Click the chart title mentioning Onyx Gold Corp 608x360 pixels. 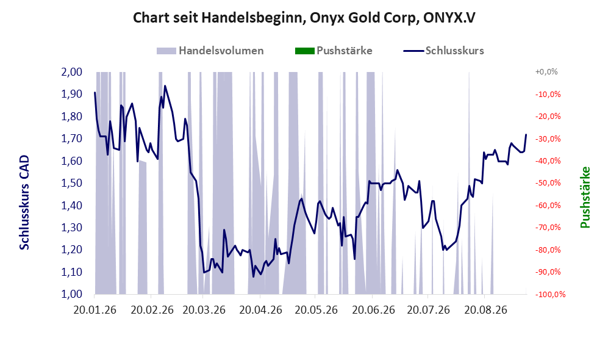tap(304, 18)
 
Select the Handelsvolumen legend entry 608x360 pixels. tap(210, 51)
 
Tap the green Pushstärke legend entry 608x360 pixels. tap(334, 51)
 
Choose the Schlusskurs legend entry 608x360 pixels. tap(443, 51)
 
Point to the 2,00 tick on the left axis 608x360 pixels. tap(72, 72)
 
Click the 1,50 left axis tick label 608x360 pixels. tap(72, 183)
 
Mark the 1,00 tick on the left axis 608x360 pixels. tap(72, 294)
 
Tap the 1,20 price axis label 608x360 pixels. tap(72, 250)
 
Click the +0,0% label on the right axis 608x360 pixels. tap(546, 72)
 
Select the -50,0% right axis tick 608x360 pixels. tap(548, 183)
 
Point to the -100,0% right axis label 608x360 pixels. tap(550, 295)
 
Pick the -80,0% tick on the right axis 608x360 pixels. tap(548, 250)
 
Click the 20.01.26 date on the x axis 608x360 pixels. tap(95, 310)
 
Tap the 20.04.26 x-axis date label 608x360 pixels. tap(260, 310)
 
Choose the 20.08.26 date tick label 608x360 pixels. tap(485, 310)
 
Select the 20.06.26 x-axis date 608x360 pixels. tap(373, 310)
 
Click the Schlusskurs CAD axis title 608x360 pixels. tap(24, 203)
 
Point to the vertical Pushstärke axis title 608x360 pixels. tap(585, 198)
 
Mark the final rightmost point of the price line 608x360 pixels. tap(526, 135)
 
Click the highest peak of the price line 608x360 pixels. tap(165, 86)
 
